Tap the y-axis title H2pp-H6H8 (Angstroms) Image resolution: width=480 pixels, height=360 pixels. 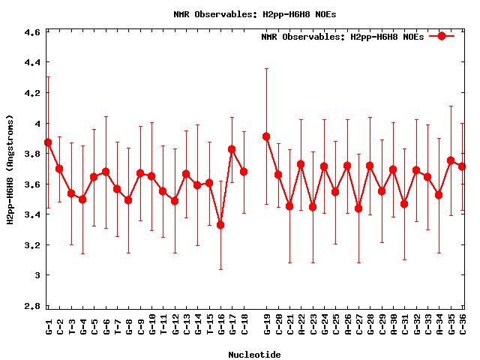[10, 169]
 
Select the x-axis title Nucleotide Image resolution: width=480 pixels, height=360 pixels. [255, 355]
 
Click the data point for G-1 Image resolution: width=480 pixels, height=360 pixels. [48, 142]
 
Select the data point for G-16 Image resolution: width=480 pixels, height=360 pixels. [220, 225]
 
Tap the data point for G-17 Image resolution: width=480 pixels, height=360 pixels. [232, 149]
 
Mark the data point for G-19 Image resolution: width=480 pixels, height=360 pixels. [266, 136]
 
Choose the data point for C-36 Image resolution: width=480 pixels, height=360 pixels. [462, 166]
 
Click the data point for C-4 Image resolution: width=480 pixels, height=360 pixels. [82, 199]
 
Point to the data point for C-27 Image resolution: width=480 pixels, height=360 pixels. [358, 208]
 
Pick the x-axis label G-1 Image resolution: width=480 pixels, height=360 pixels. [49, 326]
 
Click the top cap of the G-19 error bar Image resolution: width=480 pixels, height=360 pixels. [266, 69]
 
